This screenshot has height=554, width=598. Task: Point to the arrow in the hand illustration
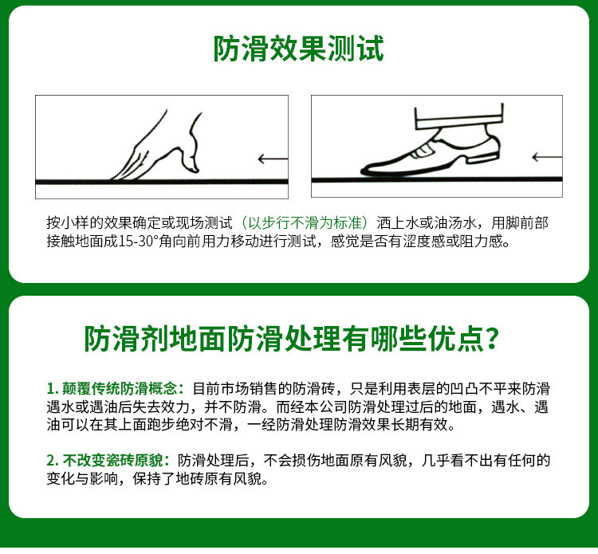click(x=273, y=159)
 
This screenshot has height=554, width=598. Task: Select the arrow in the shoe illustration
click(x=547, y=157)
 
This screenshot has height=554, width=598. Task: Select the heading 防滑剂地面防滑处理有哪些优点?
click(x=292, y=338)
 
